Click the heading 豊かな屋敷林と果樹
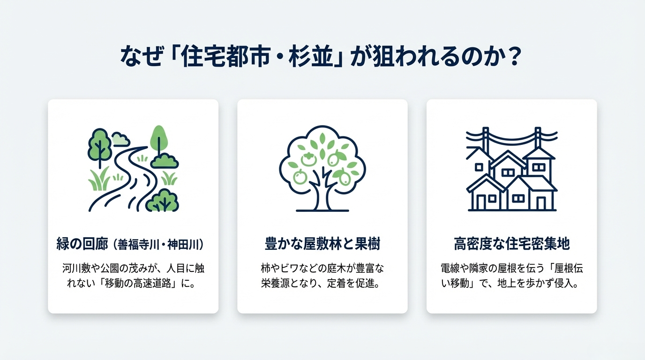click(x=322, y=244)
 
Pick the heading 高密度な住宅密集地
click(x=511, y=244)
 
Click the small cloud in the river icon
click(x=121, y=139)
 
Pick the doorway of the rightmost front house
click(x=541, y=202)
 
